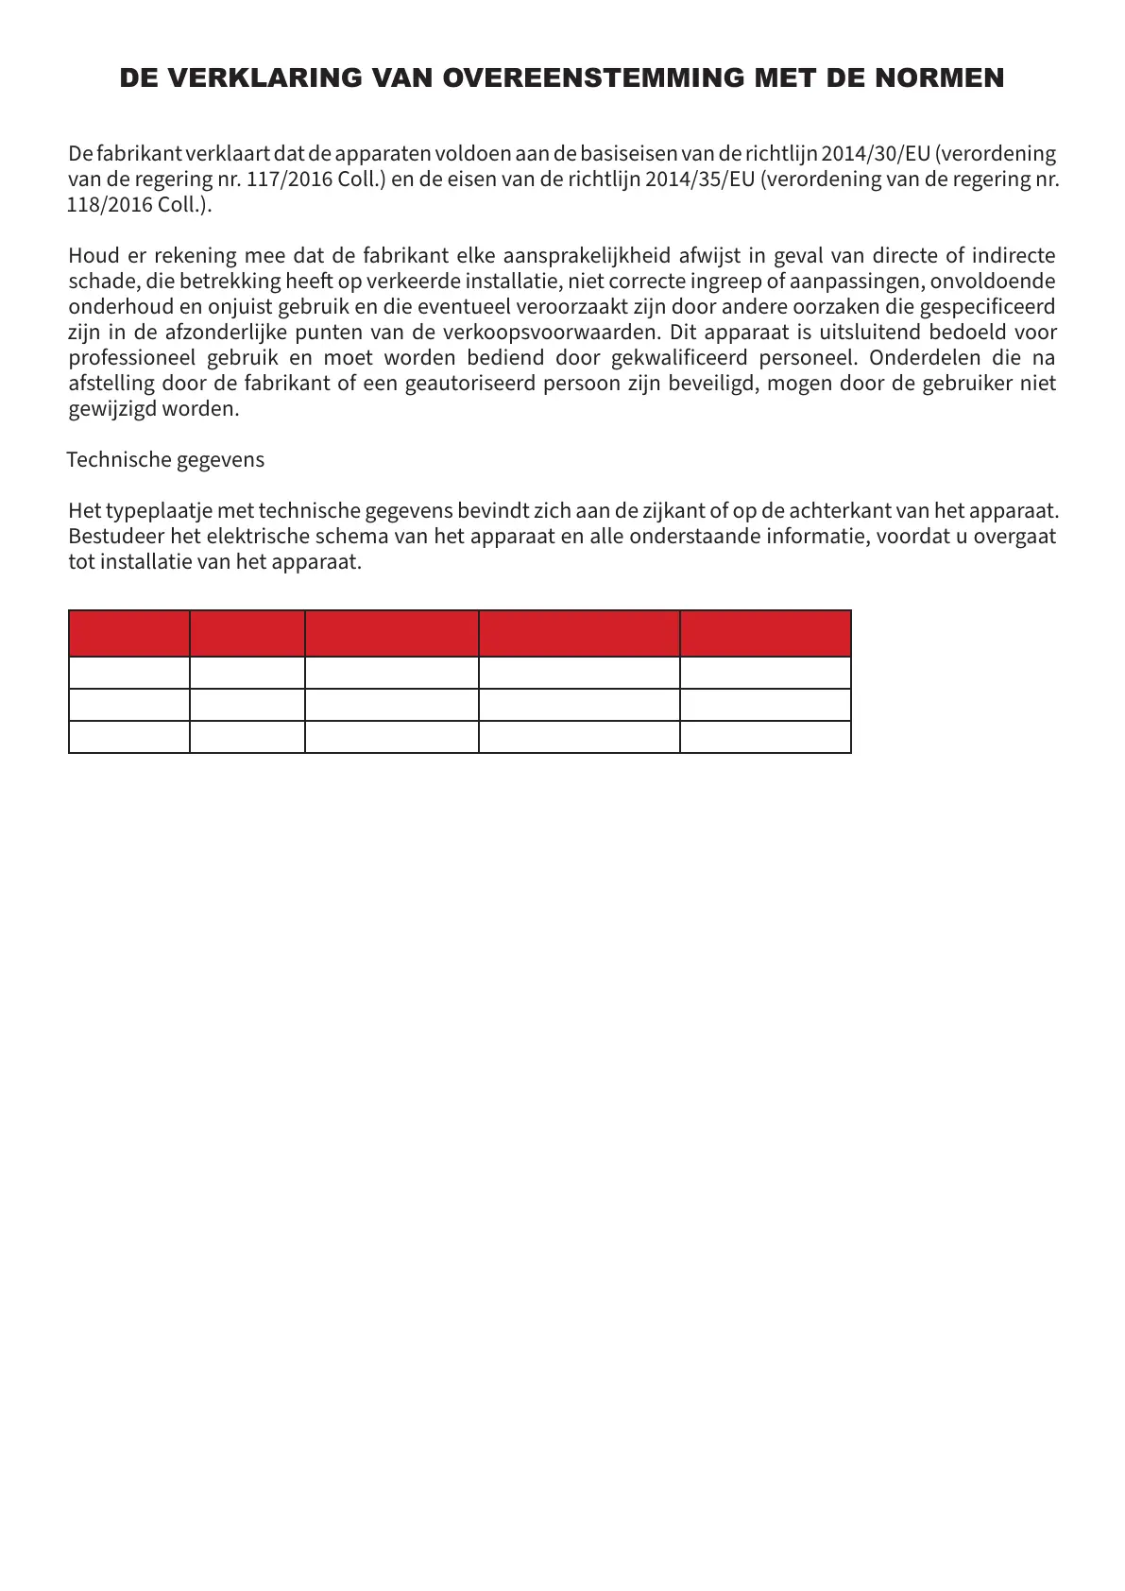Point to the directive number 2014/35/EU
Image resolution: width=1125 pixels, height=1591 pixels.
pos(700,180)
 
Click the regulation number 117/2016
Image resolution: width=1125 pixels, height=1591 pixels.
pos(289,180)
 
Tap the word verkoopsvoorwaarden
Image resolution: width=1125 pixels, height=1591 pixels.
pos(551,333)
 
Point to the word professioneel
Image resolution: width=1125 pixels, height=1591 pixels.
pos(131,358)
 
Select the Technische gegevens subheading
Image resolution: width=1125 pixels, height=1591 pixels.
pos(165,460)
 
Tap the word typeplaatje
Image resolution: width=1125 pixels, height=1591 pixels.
pos(159,511)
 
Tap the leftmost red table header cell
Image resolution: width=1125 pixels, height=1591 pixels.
pos(129,633)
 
